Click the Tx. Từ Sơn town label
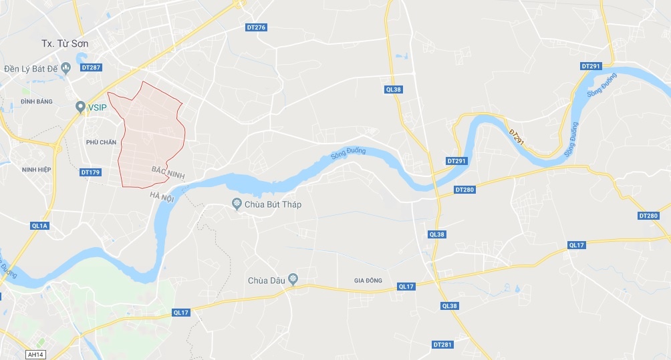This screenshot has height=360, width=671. click(x=65, y=43)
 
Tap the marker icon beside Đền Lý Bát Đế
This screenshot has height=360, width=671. click(x=66, y=68)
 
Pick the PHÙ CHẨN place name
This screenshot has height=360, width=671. click(x=101, y=142)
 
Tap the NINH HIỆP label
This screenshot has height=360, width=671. click(x=36, y=170)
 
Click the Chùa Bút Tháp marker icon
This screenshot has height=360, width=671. click(x=236, y=204)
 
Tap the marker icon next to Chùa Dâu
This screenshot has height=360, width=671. click(x=292, y=280)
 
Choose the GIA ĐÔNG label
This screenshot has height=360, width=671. click(x=368, y=281)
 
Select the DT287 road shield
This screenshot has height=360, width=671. click(x=90, y=67)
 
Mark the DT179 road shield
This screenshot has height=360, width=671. click(x=90, y=172)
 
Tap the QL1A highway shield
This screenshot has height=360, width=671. click(x=39, y=226)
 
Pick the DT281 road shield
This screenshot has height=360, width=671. click(x=442, y=345)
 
